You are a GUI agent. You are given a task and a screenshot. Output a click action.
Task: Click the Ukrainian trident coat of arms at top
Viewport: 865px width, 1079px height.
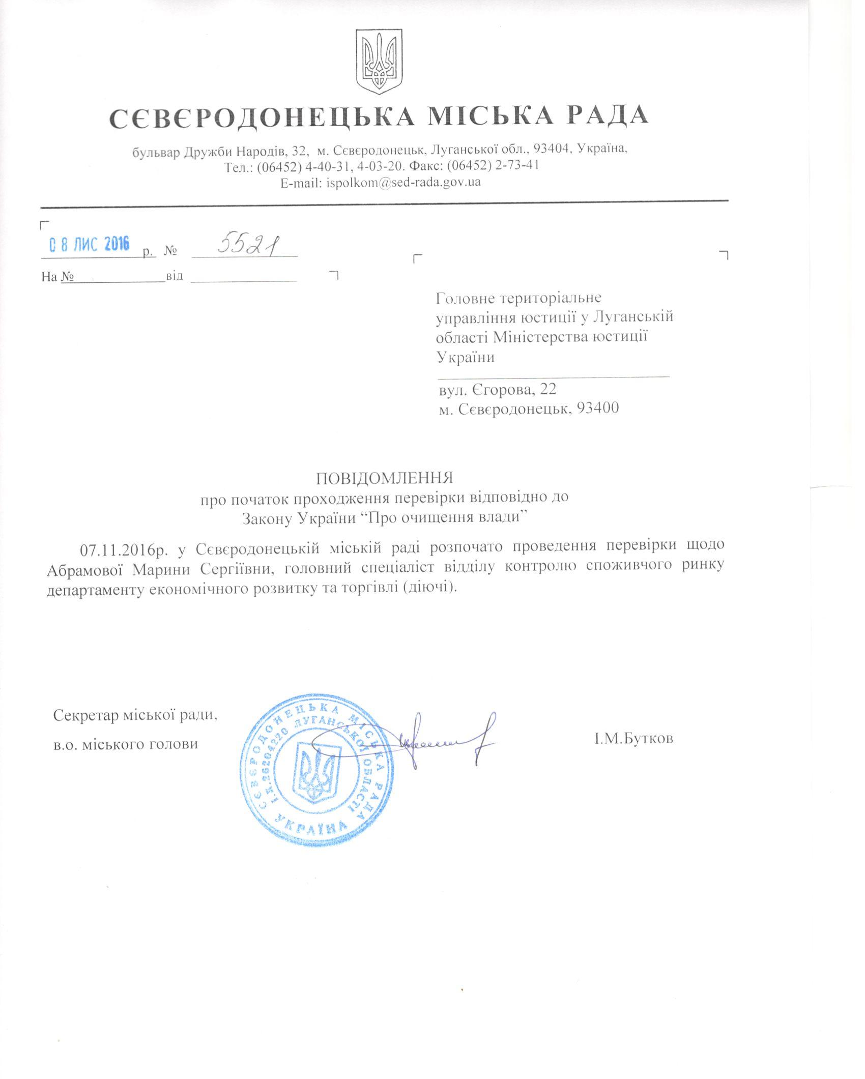[x=379, y=61]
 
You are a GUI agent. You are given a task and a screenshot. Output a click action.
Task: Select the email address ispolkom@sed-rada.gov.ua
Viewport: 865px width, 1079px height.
[x=402, y=182]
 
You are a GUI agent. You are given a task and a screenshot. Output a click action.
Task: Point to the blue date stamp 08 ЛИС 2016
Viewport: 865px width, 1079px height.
[x=90, y=245]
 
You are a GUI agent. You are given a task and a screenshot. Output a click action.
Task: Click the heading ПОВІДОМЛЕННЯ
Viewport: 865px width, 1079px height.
[x=385, y=478]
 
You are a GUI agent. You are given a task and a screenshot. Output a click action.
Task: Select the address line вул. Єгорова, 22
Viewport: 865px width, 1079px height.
[x=497, y=390]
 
